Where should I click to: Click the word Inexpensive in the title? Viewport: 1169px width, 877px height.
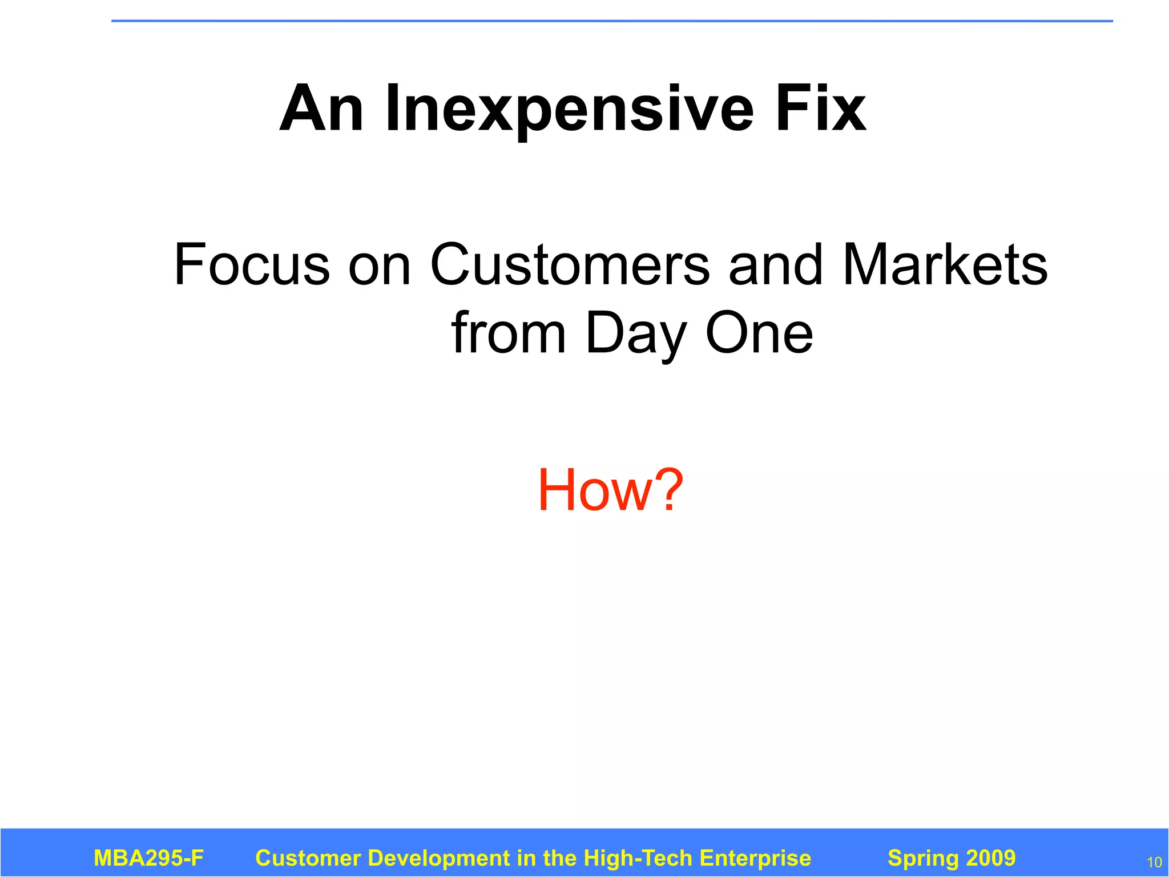click(569, 108)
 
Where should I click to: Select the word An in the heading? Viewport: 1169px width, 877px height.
click(321, 108)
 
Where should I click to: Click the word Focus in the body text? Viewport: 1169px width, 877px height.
click(251, 265)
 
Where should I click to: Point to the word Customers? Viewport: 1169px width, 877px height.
click(570, 265)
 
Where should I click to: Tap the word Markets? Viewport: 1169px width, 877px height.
click(945, 265)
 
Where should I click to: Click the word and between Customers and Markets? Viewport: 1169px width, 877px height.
click(775, 265)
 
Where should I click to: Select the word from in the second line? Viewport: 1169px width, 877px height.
click(508, 333)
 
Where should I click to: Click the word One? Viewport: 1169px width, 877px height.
click(759, 333)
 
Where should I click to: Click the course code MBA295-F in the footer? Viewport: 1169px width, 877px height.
click(148, 858)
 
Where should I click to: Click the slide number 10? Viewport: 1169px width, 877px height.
click(1154, 862)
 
